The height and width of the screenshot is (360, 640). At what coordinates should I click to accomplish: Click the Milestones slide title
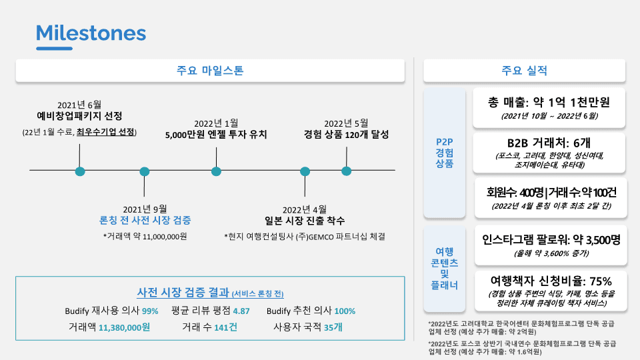pyautogui.click(x=91, y=33)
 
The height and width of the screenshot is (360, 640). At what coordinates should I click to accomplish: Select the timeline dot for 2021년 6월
pyautogui.click(x=80, y=171)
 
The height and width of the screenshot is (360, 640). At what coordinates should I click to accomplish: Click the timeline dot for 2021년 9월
pyautogui.click(x=145, y=171)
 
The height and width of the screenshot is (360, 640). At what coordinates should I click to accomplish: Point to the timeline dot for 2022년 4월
pyautogui.click(x=305, y=171)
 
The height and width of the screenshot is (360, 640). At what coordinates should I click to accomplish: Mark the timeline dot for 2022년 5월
pyautogui.click(x=346, y=171)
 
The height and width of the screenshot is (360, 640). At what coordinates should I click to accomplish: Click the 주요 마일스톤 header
pyautogui.click(x=210, y=71)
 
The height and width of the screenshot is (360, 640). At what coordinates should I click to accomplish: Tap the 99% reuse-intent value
pyautogui.click(x=150, y=311)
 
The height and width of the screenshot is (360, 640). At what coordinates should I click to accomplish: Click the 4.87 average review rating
pyautogui.click(x=241, y=311)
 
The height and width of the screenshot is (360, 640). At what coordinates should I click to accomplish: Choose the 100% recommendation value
pyautogui.click(x=345, y=311)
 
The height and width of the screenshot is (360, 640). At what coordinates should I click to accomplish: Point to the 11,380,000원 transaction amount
pyautogui.click(x=125, y=327)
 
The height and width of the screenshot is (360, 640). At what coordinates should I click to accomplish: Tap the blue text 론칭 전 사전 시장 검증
pyautogui.click(x=145, y=221)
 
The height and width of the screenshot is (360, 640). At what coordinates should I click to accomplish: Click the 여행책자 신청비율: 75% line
pyautogui.click(x=551, y=280)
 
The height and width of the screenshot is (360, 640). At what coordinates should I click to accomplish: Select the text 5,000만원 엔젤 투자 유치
pyautogui.click(x=216, y=134)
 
